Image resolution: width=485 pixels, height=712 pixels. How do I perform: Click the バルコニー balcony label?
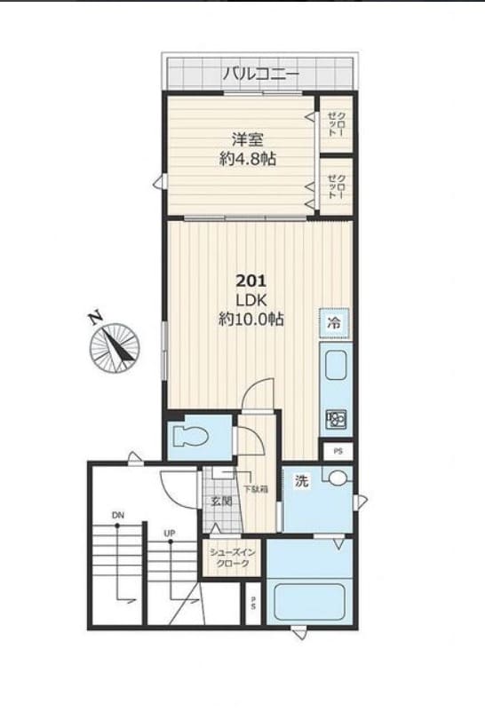tap(260, 72)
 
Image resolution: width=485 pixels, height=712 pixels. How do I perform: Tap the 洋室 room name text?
tap(246, 139)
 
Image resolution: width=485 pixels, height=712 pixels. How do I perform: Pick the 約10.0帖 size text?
tap(251, 320)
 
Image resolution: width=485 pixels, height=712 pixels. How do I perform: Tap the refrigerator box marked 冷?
tap(335, 323)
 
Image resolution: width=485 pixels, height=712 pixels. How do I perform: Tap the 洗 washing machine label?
tap(301, 483)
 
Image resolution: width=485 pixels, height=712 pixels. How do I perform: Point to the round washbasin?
tap(337, 480)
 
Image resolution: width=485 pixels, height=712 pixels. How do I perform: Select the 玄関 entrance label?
tap(221, 502)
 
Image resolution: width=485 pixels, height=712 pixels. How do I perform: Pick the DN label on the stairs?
tap(118, 515)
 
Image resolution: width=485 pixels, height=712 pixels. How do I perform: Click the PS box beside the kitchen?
tap(337, 451)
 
